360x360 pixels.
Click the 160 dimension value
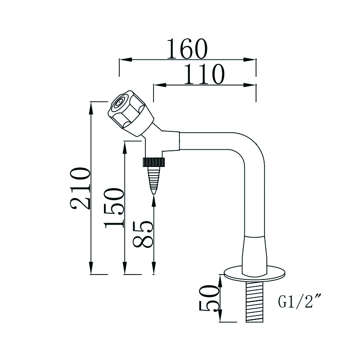pyautogui.click(x=187, y=49)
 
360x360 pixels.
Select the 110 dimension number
pyautogui.click(x=204, y=74)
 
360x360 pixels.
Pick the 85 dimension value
pyautogui.click(x=144, y=233)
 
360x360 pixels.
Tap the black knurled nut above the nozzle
pyautogui.click(x=154, y=162)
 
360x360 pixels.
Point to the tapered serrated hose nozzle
pyautogui.click(x=154, y=179)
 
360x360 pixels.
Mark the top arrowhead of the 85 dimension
pyautogui.click(x=154, y=199)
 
